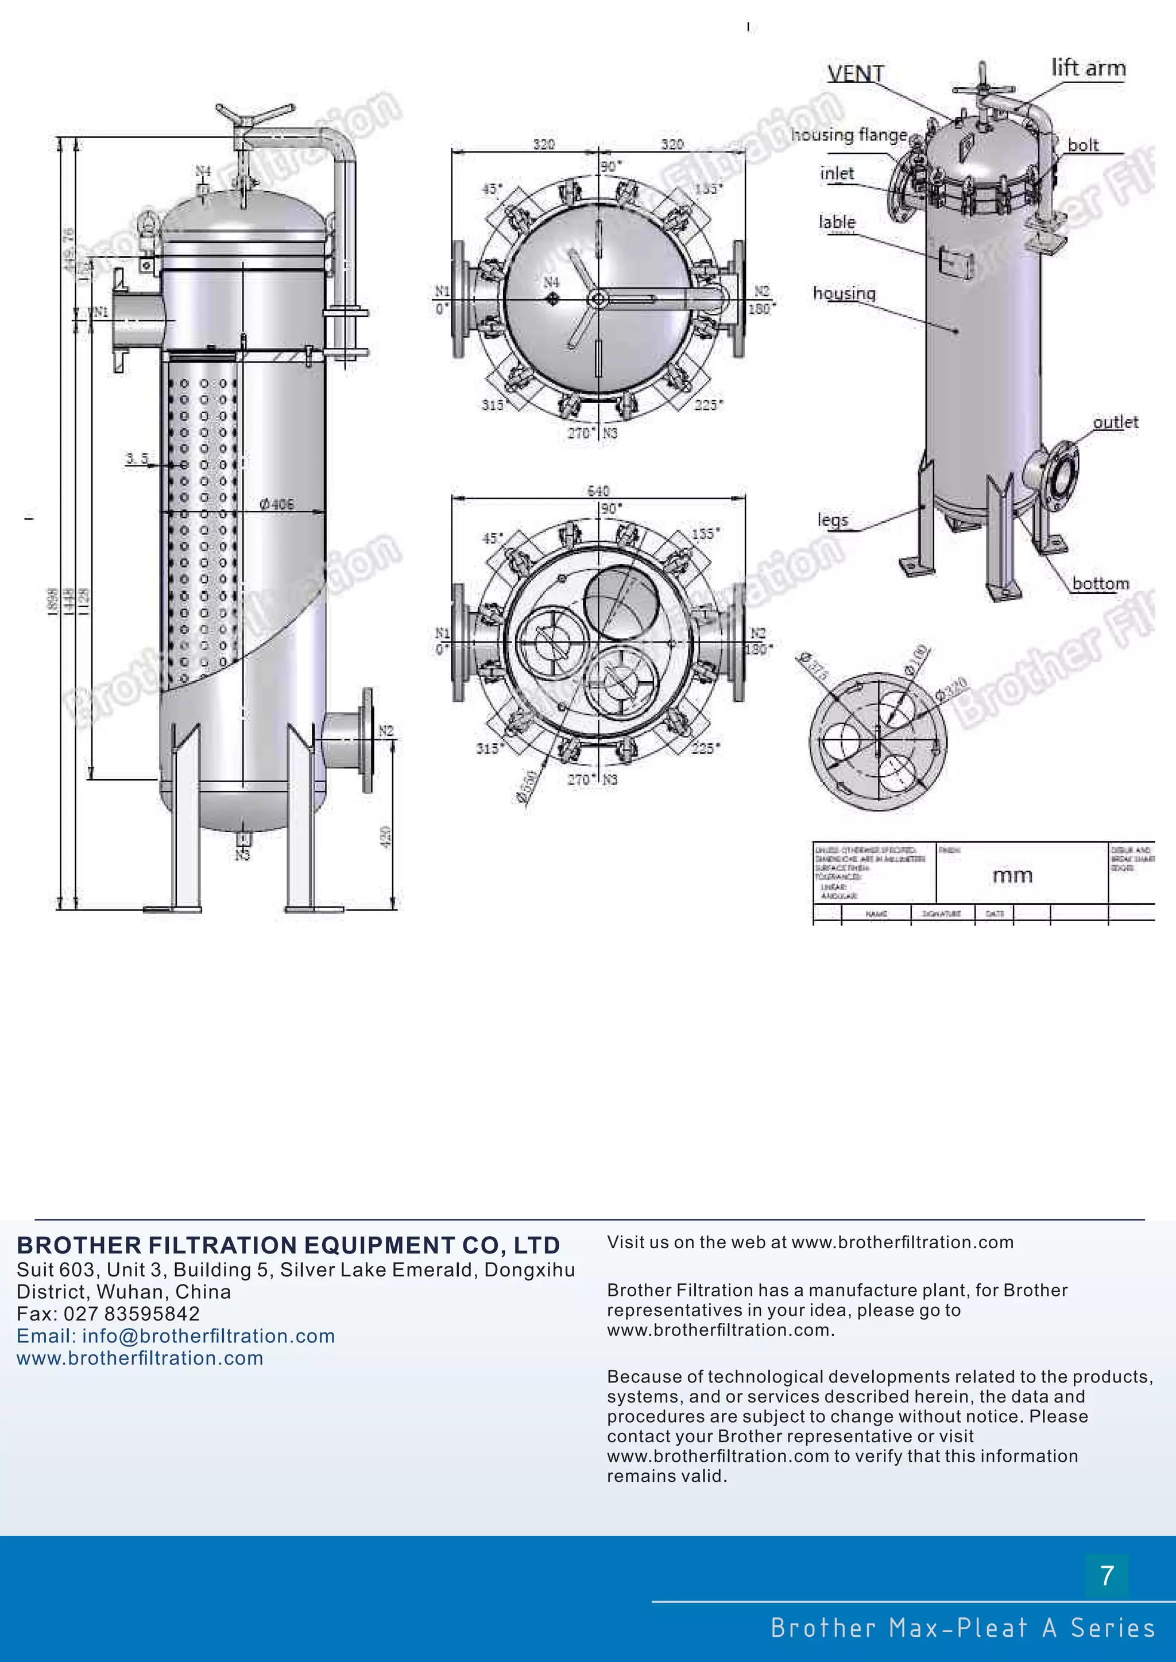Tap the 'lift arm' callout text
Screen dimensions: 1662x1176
[1088, 68]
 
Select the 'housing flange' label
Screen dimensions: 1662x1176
[848, 135]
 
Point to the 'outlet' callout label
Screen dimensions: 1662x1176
[1115, 422]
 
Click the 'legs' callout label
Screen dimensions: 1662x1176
[832, 520]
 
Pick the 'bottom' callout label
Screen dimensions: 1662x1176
[1100, 584]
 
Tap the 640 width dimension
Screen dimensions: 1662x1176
[598, 491]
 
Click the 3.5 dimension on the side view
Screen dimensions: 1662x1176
[136, 458]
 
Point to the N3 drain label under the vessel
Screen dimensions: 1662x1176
[242, 856]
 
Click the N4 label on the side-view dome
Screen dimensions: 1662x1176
[203, 171]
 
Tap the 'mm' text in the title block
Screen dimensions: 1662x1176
[1012, 876]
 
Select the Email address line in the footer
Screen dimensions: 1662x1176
[176, 1335]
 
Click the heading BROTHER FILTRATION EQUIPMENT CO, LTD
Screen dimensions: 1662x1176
[288, 1245]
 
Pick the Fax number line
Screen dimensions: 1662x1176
[108, 1314]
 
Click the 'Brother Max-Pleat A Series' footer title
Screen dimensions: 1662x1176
[962, 1628]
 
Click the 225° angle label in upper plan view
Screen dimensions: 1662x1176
[707, 405]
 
